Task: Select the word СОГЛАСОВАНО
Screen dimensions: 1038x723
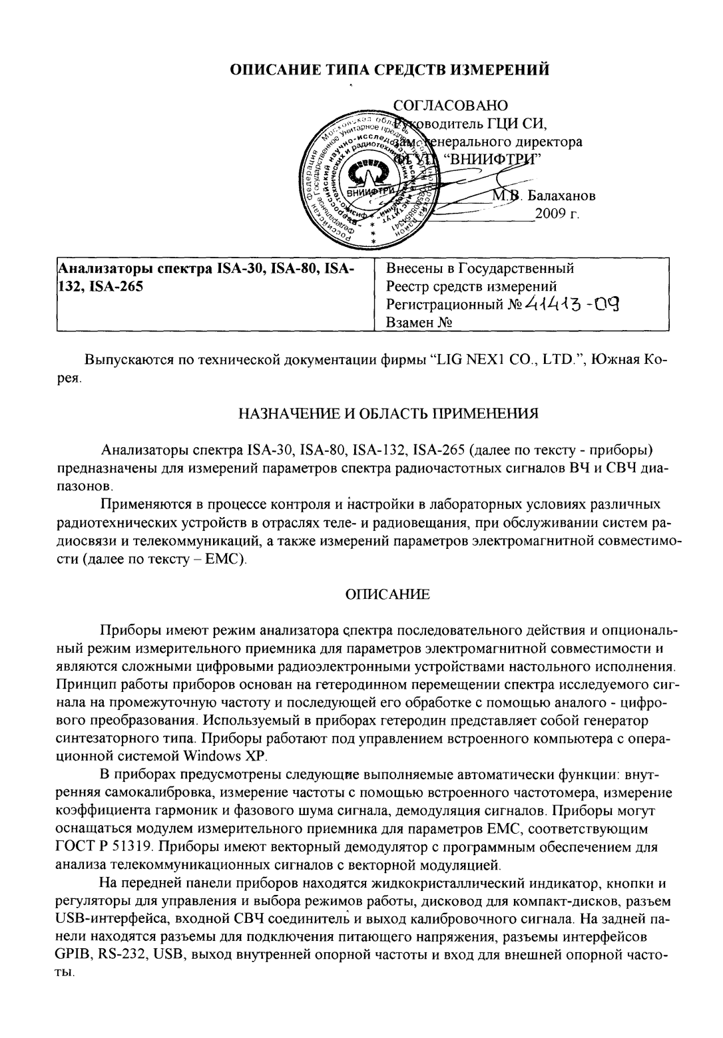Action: [x=451, y=106]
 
